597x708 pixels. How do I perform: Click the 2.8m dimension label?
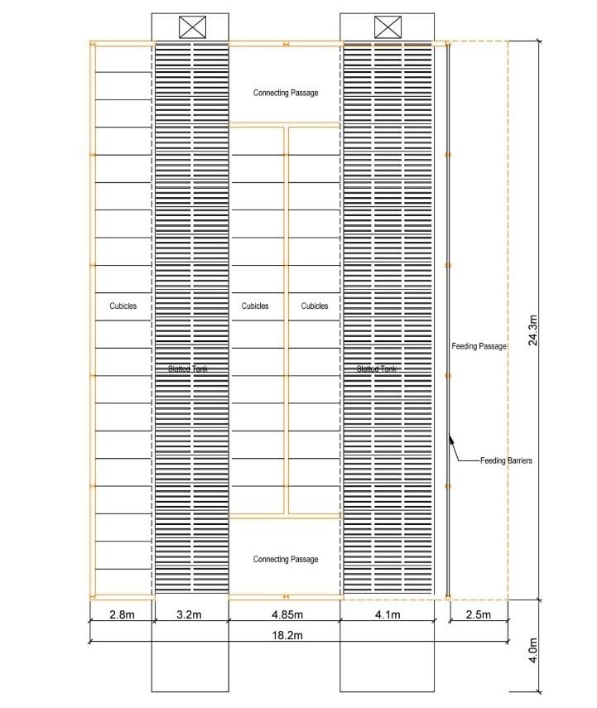(120, 614)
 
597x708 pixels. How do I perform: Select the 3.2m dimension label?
(190, 614)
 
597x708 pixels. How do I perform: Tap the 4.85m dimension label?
(285, 614)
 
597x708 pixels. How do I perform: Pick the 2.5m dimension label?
(479, 614)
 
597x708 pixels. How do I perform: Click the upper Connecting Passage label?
(285, 93)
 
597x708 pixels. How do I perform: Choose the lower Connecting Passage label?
(285, 560)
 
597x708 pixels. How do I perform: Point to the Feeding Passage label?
(479, 346)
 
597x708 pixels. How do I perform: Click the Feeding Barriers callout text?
(506, 460)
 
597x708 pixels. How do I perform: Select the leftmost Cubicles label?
(123, 306)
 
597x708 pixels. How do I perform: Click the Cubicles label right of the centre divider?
(314, 306)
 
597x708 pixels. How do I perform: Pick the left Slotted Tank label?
(189, 368)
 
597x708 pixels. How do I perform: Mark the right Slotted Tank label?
(377, 368)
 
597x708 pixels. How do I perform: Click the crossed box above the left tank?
(191, 27)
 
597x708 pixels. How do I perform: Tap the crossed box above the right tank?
(387, 27)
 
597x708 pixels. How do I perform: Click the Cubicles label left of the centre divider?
(255, 306)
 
